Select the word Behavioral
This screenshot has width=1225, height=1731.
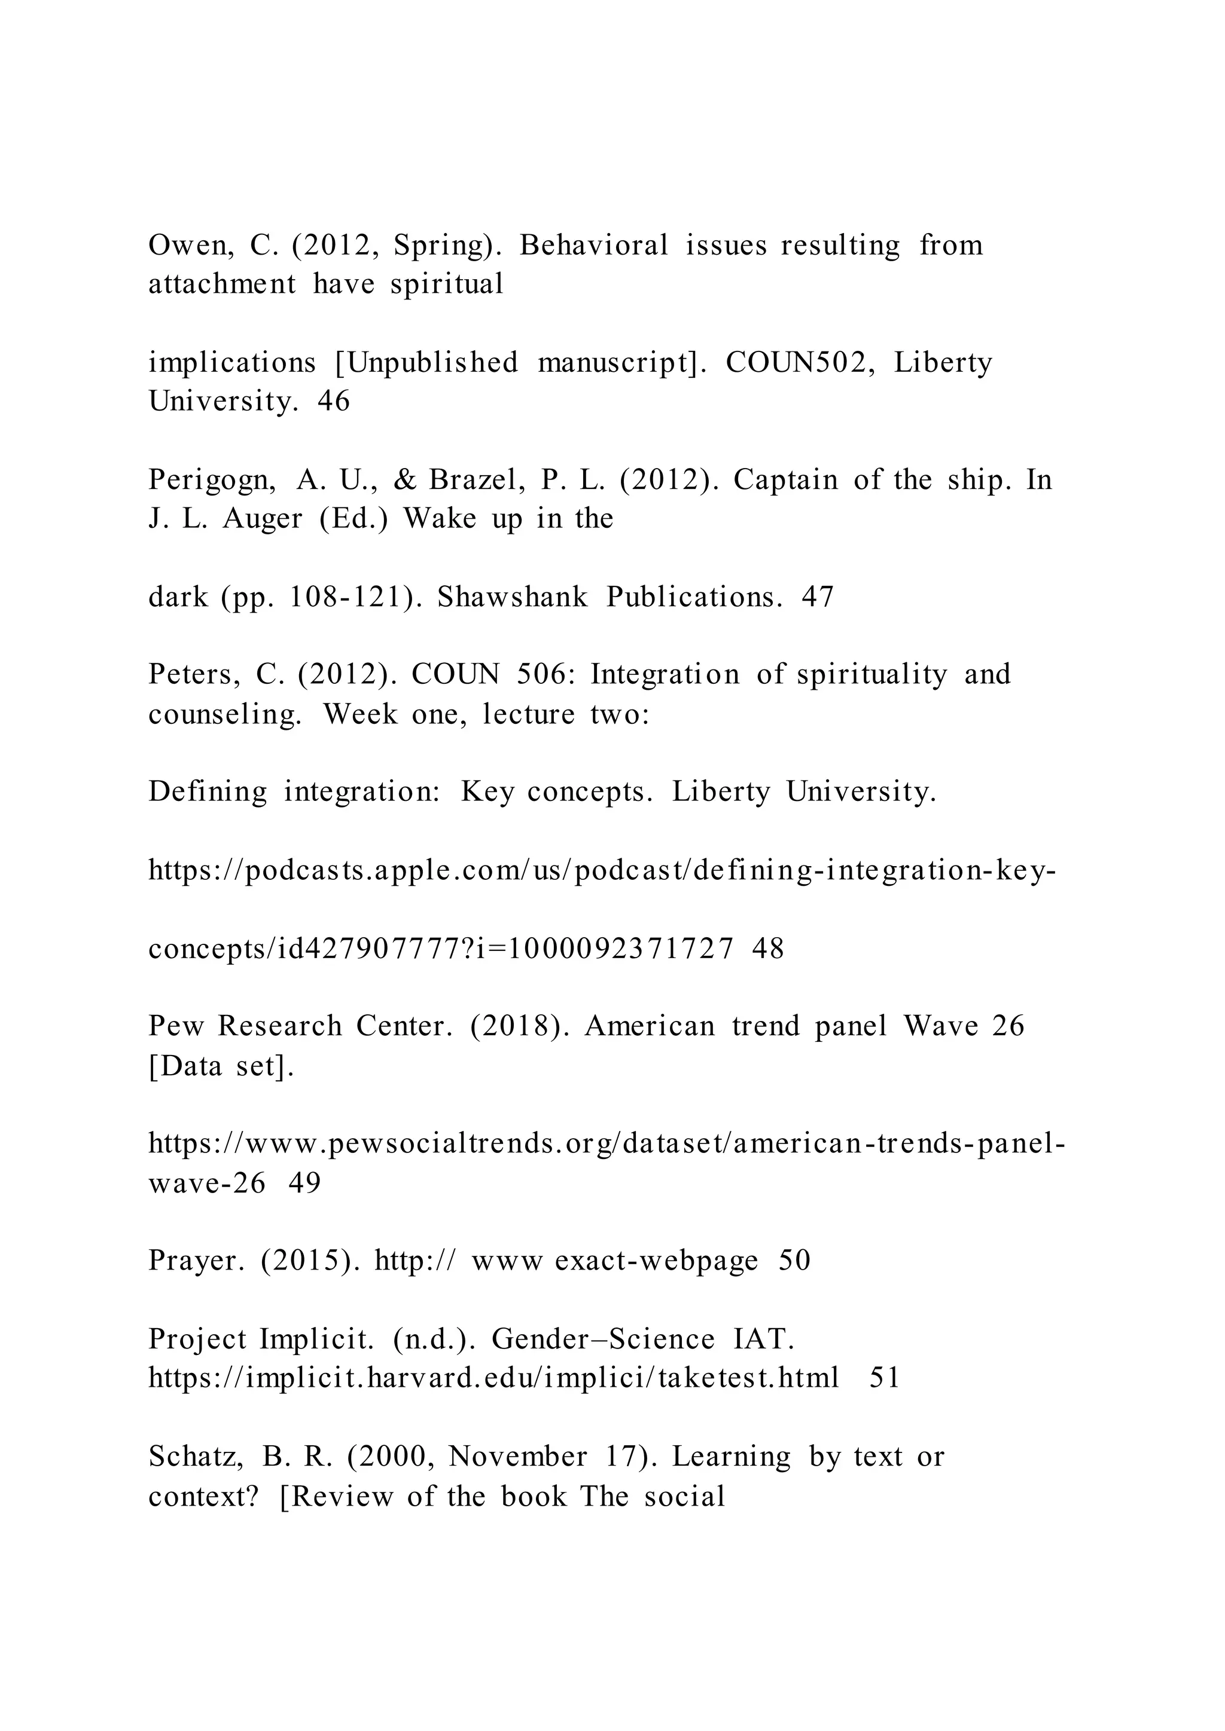point(593,245)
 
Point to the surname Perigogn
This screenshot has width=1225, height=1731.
point(212,480)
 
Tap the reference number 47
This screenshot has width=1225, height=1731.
point(818,597)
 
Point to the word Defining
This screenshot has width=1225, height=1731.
point(208,791)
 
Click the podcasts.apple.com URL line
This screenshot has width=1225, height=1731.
point(601,871)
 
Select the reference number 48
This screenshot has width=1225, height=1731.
point(768,949)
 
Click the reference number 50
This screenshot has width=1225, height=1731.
point(794,1261)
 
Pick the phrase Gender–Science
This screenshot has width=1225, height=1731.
point(603,1339)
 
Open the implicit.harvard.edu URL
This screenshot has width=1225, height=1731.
point(493,1378)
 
